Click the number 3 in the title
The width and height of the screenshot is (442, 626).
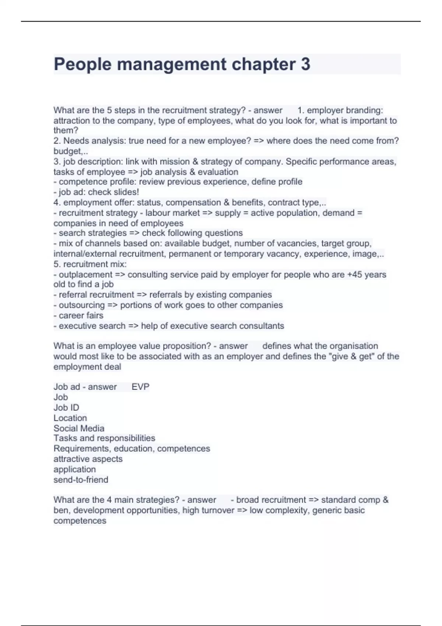[305, 64]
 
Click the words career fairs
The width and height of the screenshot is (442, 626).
[81, 315]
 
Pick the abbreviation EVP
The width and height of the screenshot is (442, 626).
[140, 387]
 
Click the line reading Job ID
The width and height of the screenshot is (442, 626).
[66, 407]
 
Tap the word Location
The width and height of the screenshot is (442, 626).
[70, 418]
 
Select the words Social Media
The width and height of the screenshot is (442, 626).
[79, 428]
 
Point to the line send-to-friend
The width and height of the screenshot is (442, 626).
[81, 479]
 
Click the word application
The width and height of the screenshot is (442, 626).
[75, 469]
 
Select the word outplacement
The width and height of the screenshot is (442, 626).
[85, 274]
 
